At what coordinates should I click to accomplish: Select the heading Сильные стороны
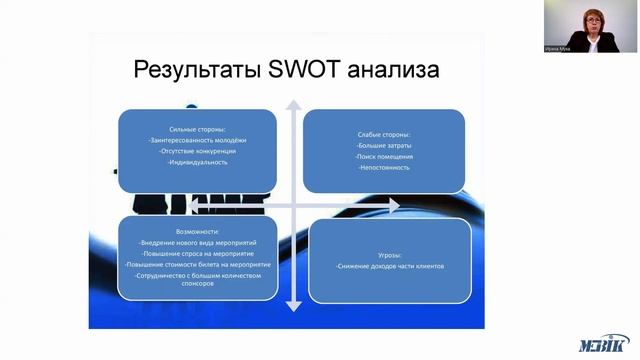pyautogui.click(x=198, y=128)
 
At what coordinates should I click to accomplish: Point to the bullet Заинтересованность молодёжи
pyautogui.click(x=196, y=140)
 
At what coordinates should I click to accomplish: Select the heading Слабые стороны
pyautogui.click(x=384, y=135)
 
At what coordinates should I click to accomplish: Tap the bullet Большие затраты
pyautogui.click(x=385, y=146)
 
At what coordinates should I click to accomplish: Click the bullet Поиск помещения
pyautogui.click(x=385, y=157)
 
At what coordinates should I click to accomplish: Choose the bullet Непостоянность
pyautogui.click(x=384, y=168)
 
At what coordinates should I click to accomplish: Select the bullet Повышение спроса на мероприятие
pyautogui.click(x=190, y=254)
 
